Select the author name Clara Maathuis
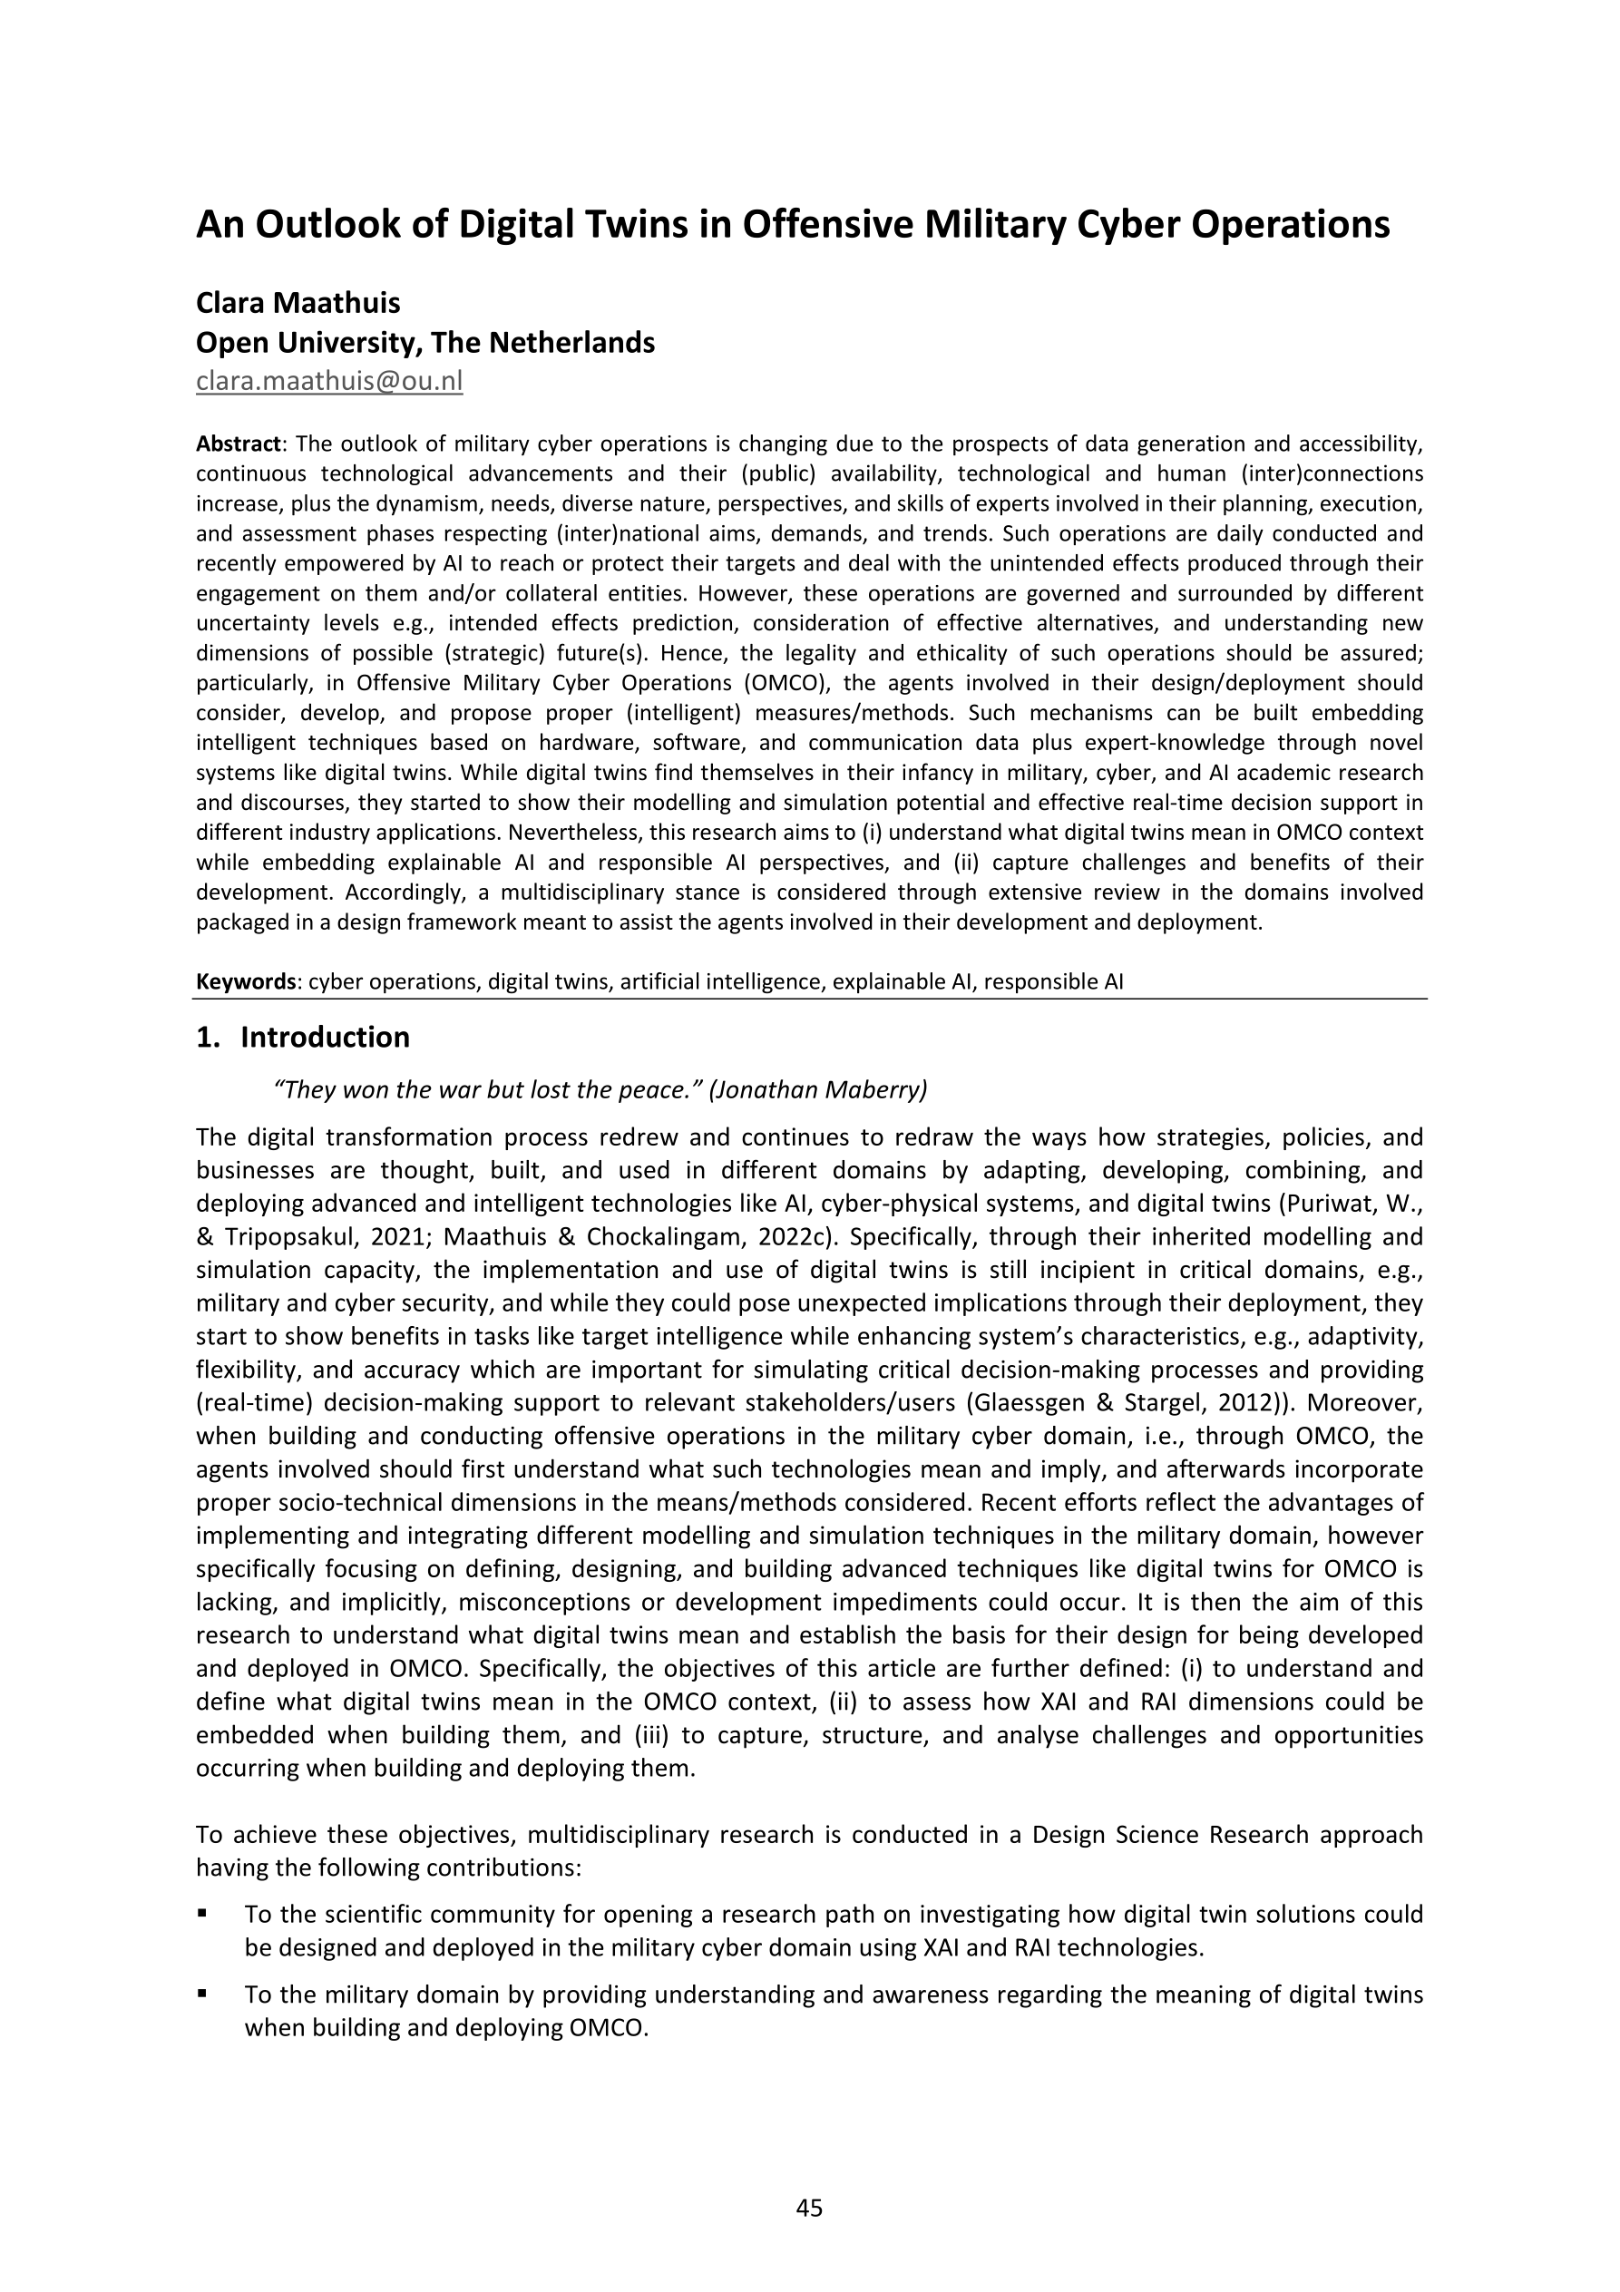pyautogui.click(x=298, y=302)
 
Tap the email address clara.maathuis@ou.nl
pyautogui.click(x=328, y=380)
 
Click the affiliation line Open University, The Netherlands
pyautogui.click(x=425, y=343)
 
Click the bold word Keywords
pyautogui.click(x=245, y=981)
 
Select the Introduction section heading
pyautogui.click(x=325, y=1038)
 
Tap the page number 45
pyautogui.click(x=809, y=2209)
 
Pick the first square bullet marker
pyautogui.click(x=202, y=1915)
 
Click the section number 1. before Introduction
pyautogui.click(x=208, y=1038)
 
